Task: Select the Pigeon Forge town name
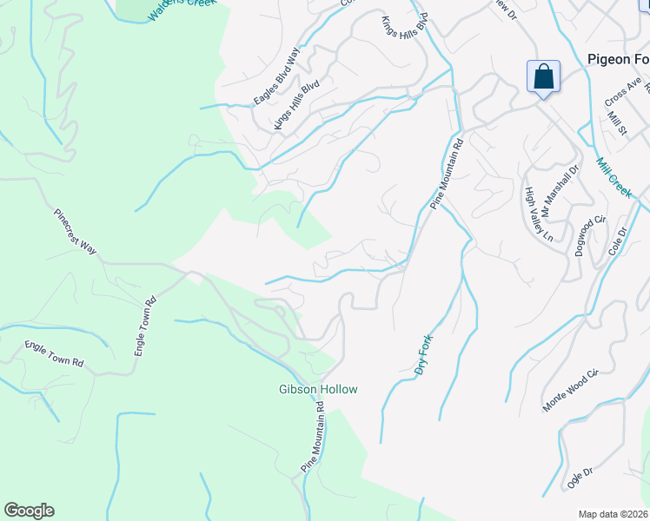pos(619,59)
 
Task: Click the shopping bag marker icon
pos(543,76)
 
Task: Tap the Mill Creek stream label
pos(614,177)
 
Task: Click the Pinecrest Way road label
pos(75,230)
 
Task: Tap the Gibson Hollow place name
pos(317,390)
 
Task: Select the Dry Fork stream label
pos(423,357)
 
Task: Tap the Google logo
pos(29,511)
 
